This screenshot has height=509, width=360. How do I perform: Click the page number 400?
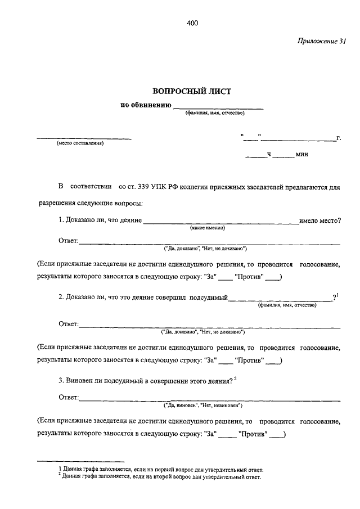click(x=191, y=23)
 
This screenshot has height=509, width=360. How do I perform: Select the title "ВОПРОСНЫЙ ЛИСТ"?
click(x=192, y=91)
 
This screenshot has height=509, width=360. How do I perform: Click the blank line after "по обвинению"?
click(x=218, y=106)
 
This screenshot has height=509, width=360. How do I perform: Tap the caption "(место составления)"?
click(x=80, y=143)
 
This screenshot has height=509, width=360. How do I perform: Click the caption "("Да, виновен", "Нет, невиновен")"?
click(x=202, y=404)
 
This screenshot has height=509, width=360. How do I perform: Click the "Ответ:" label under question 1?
click(x=69, y=242)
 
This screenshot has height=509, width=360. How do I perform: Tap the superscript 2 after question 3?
click(x=236, y=379)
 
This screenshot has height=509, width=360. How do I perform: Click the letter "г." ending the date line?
click(x=339, y=137)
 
